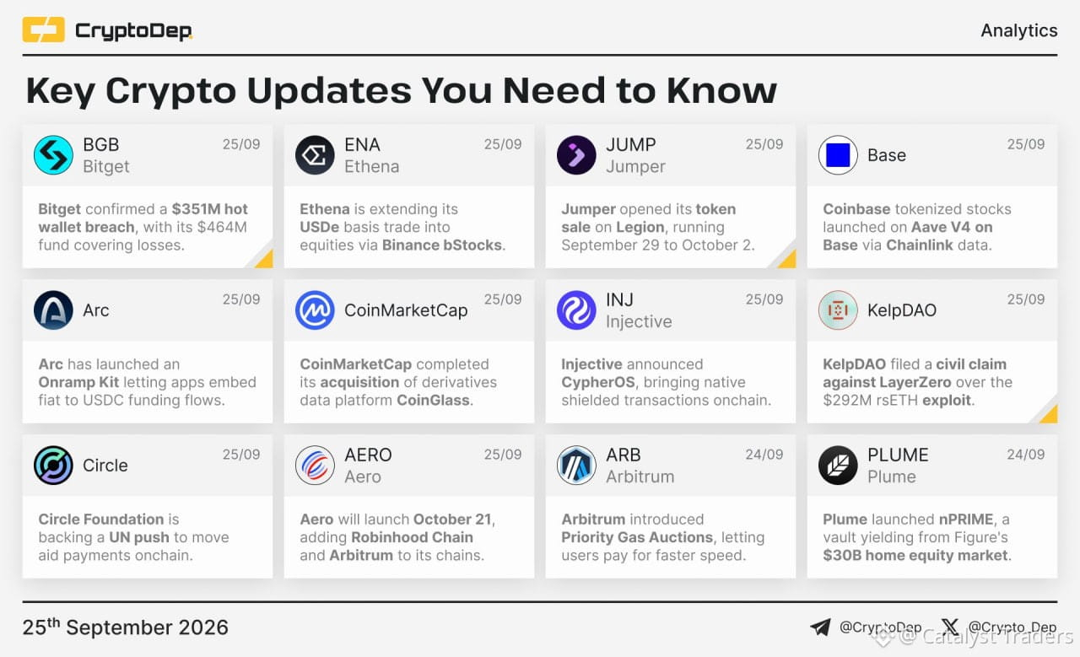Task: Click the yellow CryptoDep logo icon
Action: click(x=43, y=30)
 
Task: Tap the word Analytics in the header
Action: click(x=1018, y=30)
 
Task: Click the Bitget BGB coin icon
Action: click(x=53, y=154)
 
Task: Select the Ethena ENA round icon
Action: click(x=315, y=154)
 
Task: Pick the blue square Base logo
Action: click(x=838, y=154)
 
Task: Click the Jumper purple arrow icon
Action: click(x=576, y=154)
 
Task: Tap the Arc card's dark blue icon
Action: click(x=53, y=310)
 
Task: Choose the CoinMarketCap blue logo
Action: click(x=315, y=310)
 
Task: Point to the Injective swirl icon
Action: click(x=576, y=310)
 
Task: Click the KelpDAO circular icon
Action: click(x=838, y=310)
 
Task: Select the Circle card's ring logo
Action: click(x=53, y=466)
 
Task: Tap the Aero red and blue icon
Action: click(x=315, y=466)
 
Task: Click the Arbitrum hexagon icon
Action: click(x=576, y=466)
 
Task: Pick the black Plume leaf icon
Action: click(x=838, y=466)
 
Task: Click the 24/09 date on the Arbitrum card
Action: click(x=764, y=454)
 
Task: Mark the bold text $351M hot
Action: click(x=210, y=208)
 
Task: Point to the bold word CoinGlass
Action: click(x=433, y=400)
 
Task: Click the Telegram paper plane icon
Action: click(x=820, y=627)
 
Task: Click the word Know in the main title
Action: click(x=721, y=90)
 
